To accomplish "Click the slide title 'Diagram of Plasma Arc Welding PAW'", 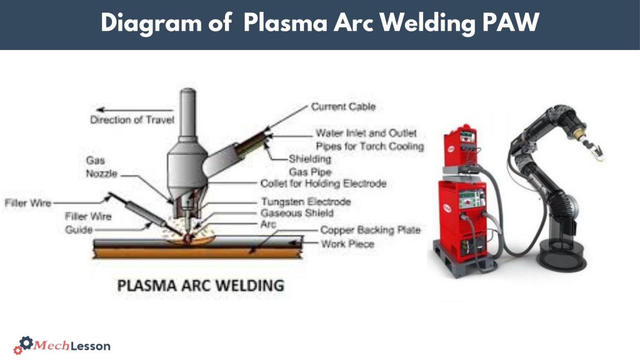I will coord(320,22).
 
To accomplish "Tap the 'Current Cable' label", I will coord(343,107).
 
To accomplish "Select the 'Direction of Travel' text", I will coord(132,120).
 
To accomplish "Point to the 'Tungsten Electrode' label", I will coord(306,202).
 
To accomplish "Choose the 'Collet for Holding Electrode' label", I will coord(323,183).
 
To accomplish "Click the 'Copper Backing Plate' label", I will coord(370,230).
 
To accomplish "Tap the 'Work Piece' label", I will coord(347,244).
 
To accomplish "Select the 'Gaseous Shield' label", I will coord(297,213).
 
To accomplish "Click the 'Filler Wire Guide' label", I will coord(88,223).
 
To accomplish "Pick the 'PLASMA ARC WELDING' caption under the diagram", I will coord(200,286).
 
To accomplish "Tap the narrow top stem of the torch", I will coord(187,112).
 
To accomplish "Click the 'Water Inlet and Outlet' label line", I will coord(366,133).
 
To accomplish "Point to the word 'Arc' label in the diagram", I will coord(268,224).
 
